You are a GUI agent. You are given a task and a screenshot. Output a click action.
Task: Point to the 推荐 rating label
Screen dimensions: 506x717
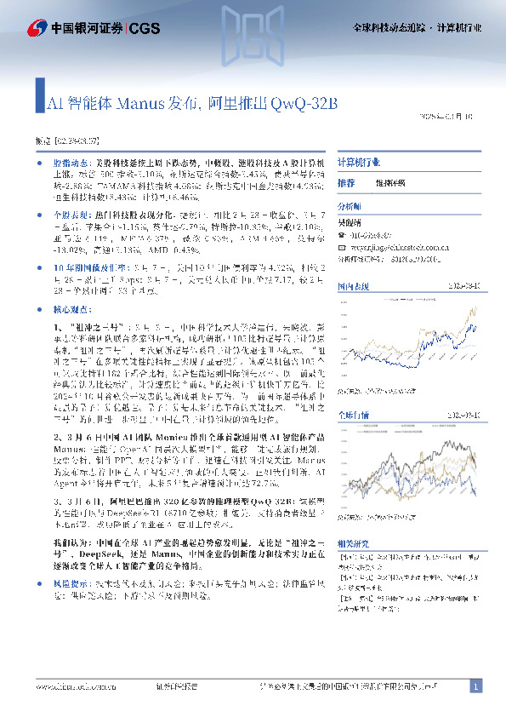[x=346, y=183]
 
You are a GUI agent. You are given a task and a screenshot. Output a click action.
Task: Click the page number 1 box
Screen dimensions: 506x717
[x=476, y=685]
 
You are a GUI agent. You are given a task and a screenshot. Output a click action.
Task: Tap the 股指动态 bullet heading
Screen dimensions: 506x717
[x=71, y=161]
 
